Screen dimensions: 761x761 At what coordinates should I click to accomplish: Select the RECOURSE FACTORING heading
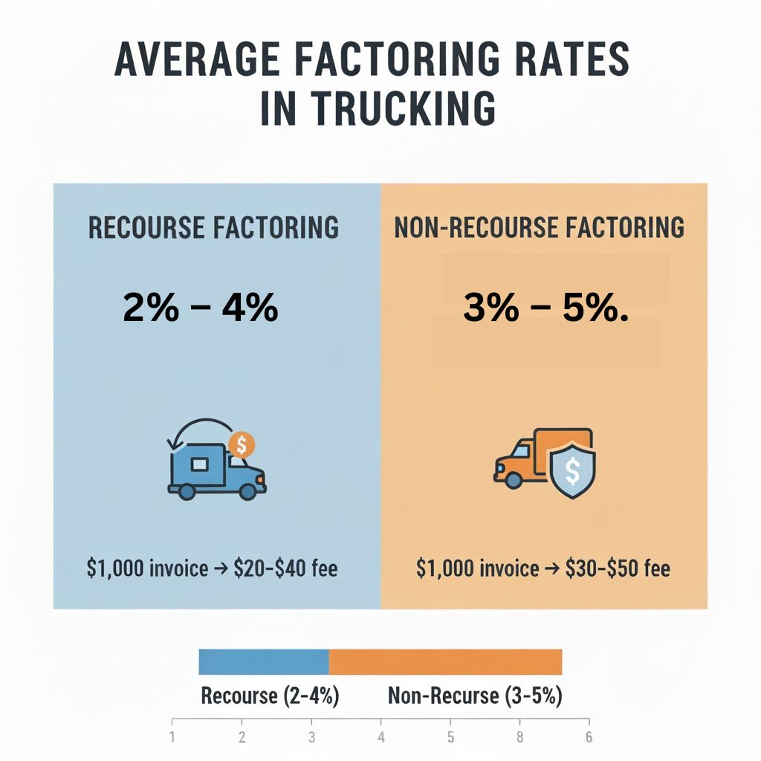pos(213,227)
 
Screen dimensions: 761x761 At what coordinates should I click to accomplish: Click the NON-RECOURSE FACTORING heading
pos(540,227)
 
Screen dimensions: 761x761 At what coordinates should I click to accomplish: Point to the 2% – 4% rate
pos(201,308)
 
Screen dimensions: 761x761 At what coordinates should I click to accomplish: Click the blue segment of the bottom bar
pos(264,661)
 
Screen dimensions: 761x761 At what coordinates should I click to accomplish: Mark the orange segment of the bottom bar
pos(445,661)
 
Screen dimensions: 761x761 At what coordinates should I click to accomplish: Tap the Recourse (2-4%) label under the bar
pos(271,696)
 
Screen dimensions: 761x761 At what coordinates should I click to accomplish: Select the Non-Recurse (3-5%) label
pos(475,696)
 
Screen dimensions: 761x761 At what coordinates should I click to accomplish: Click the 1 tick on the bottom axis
pos(172,738)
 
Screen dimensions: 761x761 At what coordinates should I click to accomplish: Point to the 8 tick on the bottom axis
pos(520,738)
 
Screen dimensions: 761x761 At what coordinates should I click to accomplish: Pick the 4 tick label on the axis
pos(381,738)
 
